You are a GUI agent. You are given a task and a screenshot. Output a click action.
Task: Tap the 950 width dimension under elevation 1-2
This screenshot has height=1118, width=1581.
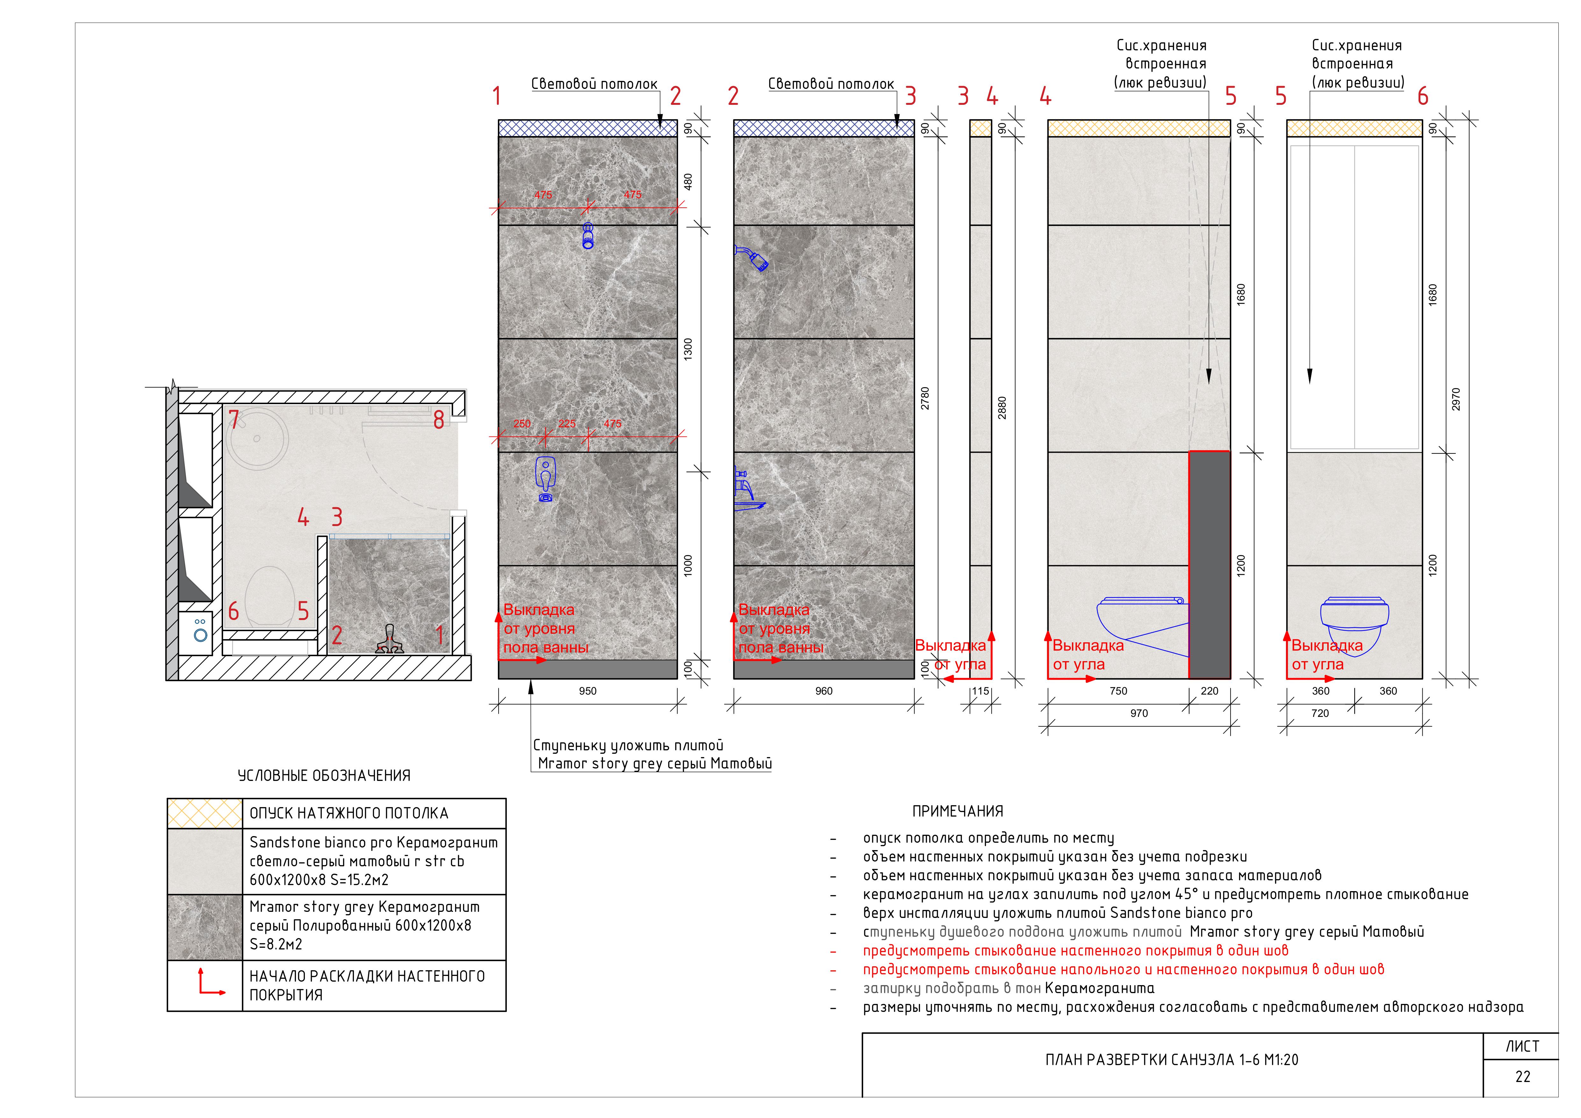click(x=587, y=691)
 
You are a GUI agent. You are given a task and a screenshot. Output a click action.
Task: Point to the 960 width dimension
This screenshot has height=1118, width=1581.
click(x=823, y=691)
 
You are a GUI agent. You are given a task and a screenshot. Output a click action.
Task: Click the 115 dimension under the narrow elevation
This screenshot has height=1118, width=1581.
click(x=981, y=691)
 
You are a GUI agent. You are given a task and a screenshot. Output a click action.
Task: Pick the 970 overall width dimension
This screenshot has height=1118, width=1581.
click(x=1139, y=714)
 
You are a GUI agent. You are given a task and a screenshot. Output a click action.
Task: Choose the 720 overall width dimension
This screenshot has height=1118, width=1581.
click(x=1320, y=714)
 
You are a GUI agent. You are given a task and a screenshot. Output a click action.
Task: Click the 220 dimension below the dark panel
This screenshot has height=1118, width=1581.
click(x=1210, y=691)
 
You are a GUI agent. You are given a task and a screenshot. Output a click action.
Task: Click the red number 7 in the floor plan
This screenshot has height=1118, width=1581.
click(x=234, y=420)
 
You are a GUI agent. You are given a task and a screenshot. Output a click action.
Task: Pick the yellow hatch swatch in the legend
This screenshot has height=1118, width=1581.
click(x=205, y=813)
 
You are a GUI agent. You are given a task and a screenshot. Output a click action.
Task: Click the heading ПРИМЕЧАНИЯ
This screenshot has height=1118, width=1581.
click(x=957, y=811)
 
